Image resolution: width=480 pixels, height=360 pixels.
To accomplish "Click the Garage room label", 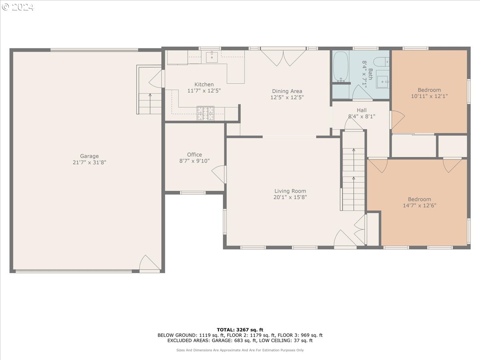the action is click(x=89, y=156).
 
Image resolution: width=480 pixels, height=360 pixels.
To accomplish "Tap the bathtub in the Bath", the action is click(x=341, y=66).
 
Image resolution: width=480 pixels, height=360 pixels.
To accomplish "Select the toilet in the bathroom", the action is click(x=381, y=62).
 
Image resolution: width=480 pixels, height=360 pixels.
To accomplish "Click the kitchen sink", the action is click(x=212, y=57).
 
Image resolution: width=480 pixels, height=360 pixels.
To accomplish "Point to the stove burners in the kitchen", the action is click(x=206, y=113).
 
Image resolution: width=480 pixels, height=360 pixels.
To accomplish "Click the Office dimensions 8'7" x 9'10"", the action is click(x=194, y=161).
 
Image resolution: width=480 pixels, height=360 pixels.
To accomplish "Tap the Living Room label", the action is click(x=290, y=191).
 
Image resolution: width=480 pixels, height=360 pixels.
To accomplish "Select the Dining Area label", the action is click(x=287, y=91).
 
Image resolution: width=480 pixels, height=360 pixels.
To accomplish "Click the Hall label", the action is click(x=362, y=110).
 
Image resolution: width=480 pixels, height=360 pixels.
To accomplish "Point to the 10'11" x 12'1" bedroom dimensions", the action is click(x=429, y=96).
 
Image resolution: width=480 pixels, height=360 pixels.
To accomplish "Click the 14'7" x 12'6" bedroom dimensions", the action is click(x=420, y=206).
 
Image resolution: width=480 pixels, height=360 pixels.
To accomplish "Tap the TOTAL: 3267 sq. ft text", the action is click(x=240, y=330).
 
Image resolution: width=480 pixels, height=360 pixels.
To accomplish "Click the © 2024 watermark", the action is click(x=18, y=7).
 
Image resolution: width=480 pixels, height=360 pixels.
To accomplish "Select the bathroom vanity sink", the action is click(x=382, y=82).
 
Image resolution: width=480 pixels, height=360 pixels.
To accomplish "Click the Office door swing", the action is click(x=219, y=174).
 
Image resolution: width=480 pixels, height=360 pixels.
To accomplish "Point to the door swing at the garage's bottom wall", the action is click(x=150, y=264).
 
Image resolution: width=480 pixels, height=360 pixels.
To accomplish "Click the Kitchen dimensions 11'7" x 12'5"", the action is click(x=204, y=91).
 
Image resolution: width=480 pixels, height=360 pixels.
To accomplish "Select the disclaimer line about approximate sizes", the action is click(x=240, y=350).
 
